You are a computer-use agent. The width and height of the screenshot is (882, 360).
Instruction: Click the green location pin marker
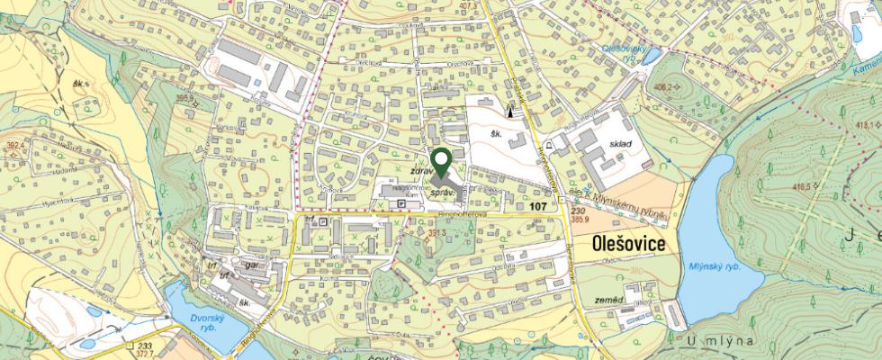(441, 162)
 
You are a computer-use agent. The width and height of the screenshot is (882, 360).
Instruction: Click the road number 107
(538, 207)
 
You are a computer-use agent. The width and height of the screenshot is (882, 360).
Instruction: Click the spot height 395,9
(186, 99)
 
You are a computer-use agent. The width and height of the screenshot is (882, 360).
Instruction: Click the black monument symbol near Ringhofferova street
(512, 111)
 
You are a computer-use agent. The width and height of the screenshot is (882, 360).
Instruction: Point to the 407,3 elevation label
(467, 7)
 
